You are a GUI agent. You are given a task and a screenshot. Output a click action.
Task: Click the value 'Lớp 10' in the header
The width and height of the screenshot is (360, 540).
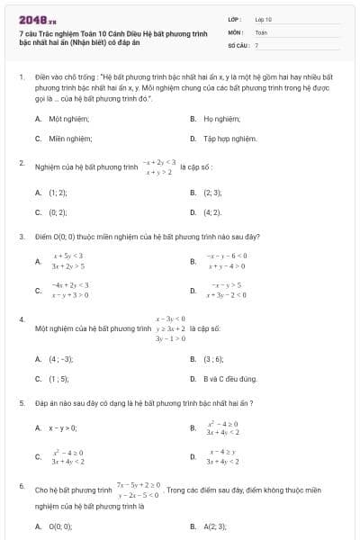tap(263, 18)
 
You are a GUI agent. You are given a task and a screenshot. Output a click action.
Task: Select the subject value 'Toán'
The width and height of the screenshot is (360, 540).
tap(261, 31)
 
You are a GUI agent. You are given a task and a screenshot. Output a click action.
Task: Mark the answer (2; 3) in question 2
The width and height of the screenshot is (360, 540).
tap(213, 192)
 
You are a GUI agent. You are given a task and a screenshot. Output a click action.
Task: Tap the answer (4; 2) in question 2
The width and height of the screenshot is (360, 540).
tap(213, 212)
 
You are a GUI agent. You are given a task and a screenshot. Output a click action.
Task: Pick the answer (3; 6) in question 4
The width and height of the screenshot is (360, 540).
tap(213, 358)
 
